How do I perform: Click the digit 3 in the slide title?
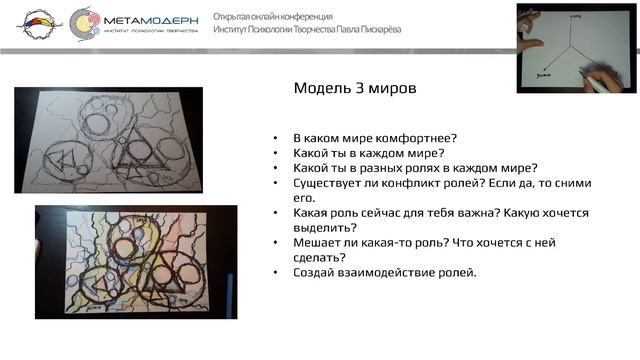point(358,88)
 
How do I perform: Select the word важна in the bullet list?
point(463,213)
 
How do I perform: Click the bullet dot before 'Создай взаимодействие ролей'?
point(275,273)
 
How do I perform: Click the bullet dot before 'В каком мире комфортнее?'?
point(275,138)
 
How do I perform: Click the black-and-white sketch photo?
point(108,140)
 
